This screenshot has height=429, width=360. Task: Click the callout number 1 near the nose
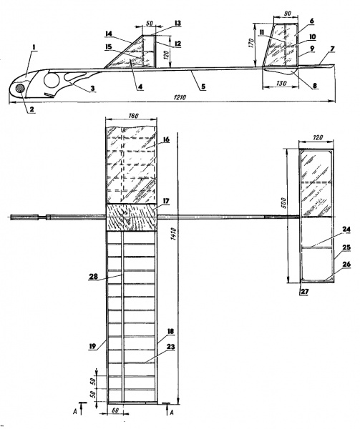[x=34, y=47]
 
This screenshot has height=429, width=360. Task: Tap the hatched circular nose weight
[x=20, y=89]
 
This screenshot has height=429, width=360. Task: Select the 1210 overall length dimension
[x=180, y=97]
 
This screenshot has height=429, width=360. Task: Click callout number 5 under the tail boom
[x=203, y=87]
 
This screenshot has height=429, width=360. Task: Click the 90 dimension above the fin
[x=286, y=13]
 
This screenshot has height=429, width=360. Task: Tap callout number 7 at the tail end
[x=332, y=49]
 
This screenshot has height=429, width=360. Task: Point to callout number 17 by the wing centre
[x=166, y=201]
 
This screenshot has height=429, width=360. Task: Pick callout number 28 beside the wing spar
[x=93, y=276]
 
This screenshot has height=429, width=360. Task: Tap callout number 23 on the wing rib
[x=170, y=347]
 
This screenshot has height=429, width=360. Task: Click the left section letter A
[x=74, y=412]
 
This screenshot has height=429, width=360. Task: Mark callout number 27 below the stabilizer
[x=304, y=292]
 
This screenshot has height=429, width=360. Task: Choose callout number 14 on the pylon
[x=109, y=34]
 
